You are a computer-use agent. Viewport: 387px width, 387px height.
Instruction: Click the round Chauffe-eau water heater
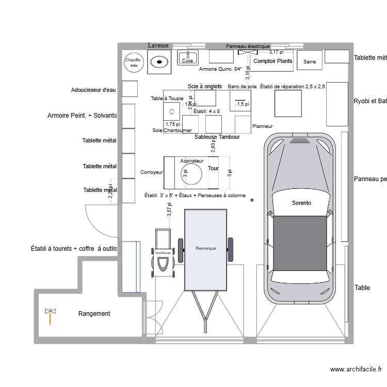pyautogui.click(x=133, y=62)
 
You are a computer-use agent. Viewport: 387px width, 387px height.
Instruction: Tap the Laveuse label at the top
pyautogui.click(x=158, y=45)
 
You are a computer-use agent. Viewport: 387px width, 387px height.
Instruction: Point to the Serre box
pyautogui.click(x=310, y=61)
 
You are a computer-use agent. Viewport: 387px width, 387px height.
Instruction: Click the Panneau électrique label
pyautogui.click(x=248, y=46)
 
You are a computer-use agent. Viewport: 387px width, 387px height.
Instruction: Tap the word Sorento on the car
pyautogui.click(x=301, y=203)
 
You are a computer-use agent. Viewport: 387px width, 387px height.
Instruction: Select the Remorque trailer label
pyautogui.click(x=206, y=248)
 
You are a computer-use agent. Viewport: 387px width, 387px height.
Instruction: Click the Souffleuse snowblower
pyautogui.click(x=163, y=253)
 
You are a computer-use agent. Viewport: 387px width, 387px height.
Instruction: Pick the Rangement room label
pyautogui.click(x=94, y=313)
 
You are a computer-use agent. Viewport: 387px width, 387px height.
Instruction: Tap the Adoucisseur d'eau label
pyautogui.click(x=93, y=90)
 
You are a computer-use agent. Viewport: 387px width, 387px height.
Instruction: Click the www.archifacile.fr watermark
pyautogui.click(x=356, y=369)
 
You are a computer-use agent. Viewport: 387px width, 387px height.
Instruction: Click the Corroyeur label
pyautogui.click(x=152, y=172)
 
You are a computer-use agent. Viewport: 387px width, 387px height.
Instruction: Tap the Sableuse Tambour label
pyautogui.click(x=217, y=137)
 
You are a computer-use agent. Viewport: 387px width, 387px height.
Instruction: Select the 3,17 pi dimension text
pyautogui.click(x=278, y=52)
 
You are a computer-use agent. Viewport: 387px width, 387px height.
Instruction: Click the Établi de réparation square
pyautogui.click(x=287, y=102)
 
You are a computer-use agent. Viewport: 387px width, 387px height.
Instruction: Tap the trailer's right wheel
pyautogui.click(x=230, y=249)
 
